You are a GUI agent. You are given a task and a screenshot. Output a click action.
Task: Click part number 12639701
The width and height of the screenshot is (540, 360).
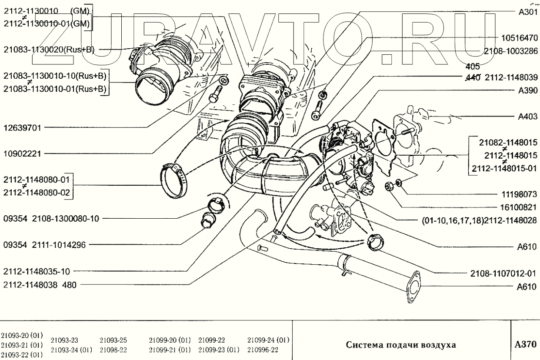point(22,128)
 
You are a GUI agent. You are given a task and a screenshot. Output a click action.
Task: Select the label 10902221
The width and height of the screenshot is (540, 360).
point(22,153)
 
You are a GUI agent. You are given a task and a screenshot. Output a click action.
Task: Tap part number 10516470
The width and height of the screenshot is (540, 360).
point(520,38)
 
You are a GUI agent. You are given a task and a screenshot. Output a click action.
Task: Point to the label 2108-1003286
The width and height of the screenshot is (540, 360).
point(511,51)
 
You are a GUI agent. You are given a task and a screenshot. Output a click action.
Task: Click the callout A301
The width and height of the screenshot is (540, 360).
point(528,12)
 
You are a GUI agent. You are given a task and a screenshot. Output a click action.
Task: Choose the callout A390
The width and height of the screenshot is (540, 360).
point(528,90)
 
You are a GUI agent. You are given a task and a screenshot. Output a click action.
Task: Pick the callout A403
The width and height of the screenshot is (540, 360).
point(528,117)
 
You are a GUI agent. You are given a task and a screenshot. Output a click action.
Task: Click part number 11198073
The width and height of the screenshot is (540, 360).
point(519,194)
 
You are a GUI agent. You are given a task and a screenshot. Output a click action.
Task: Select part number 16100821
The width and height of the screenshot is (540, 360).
point(519,207)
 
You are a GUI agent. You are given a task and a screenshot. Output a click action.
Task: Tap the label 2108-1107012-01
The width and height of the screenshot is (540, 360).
point(503,273)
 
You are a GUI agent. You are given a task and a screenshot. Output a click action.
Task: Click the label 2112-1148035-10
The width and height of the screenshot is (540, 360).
point(37,271)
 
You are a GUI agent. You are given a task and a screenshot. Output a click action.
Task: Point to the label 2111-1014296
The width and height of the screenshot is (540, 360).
point(59,245)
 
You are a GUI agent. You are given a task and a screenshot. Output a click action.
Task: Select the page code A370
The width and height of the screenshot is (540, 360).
point(526,344)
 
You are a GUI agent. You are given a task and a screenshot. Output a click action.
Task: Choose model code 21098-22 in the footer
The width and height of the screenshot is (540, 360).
point(113,350)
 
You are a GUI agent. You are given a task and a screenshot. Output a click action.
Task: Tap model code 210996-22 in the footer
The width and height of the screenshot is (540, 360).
point(263,350)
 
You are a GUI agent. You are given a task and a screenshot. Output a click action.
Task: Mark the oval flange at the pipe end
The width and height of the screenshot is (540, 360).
point(413,287)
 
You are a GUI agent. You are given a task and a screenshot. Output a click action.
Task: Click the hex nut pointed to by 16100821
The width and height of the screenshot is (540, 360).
point(388,187)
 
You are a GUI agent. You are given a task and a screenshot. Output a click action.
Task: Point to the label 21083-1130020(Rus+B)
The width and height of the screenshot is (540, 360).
point(49,50)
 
